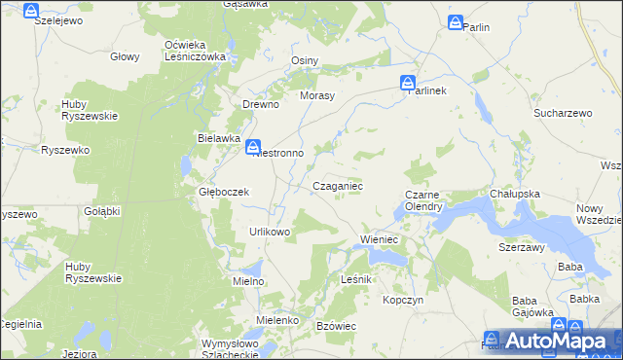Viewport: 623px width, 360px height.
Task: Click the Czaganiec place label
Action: point(337,185)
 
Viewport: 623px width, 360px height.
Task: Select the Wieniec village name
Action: point(381,238)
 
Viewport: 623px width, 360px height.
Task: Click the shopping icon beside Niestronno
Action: point(253,147)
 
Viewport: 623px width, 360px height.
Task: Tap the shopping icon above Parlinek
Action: point(408,84)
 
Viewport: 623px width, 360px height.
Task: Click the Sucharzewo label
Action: point(563,113)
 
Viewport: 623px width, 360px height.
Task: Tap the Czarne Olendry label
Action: point(423,200)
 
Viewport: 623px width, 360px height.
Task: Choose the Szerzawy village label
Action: point(522,248)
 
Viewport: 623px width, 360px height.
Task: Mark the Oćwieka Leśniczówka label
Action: point(196,51)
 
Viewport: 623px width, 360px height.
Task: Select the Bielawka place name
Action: point(218,138)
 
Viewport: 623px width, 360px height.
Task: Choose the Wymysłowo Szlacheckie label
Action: point(234,348)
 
